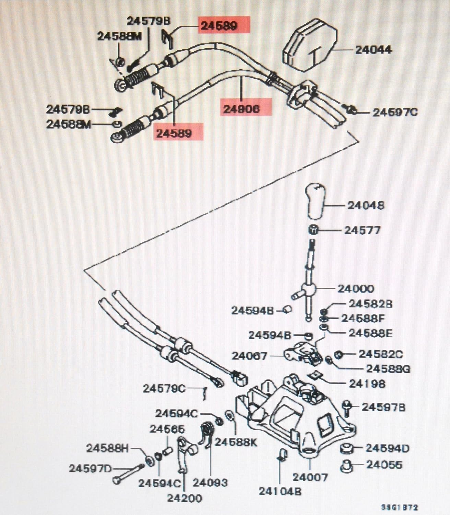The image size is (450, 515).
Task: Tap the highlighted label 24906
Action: [x=241, y=109]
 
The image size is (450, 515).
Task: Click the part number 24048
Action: [x=366, y=206]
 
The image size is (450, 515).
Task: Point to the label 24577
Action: [x=363, y=230]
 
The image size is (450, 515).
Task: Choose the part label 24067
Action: [x=249, y=356]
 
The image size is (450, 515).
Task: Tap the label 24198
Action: [x=367, y=384]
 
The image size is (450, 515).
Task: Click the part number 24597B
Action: [x=383, y=407]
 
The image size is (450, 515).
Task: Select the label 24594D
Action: [x=387, y=448]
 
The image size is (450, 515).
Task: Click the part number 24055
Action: [x=384, y=465]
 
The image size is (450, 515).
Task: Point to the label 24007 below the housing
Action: [x=310, y=477]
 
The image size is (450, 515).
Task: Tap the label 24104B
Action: [x=280, y=491]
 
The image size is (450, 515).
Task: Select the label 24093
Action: [x=210, y=482]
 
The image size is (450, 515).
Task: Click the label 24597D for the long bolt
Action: [x=91, y=468]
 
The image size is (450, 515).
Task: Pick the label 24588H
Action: [x=107, y=448]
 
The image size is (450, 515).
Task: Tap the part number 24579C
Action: [x=164, y=389]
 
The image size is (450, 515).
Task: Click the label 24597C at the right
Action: [x=395, y=112]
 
